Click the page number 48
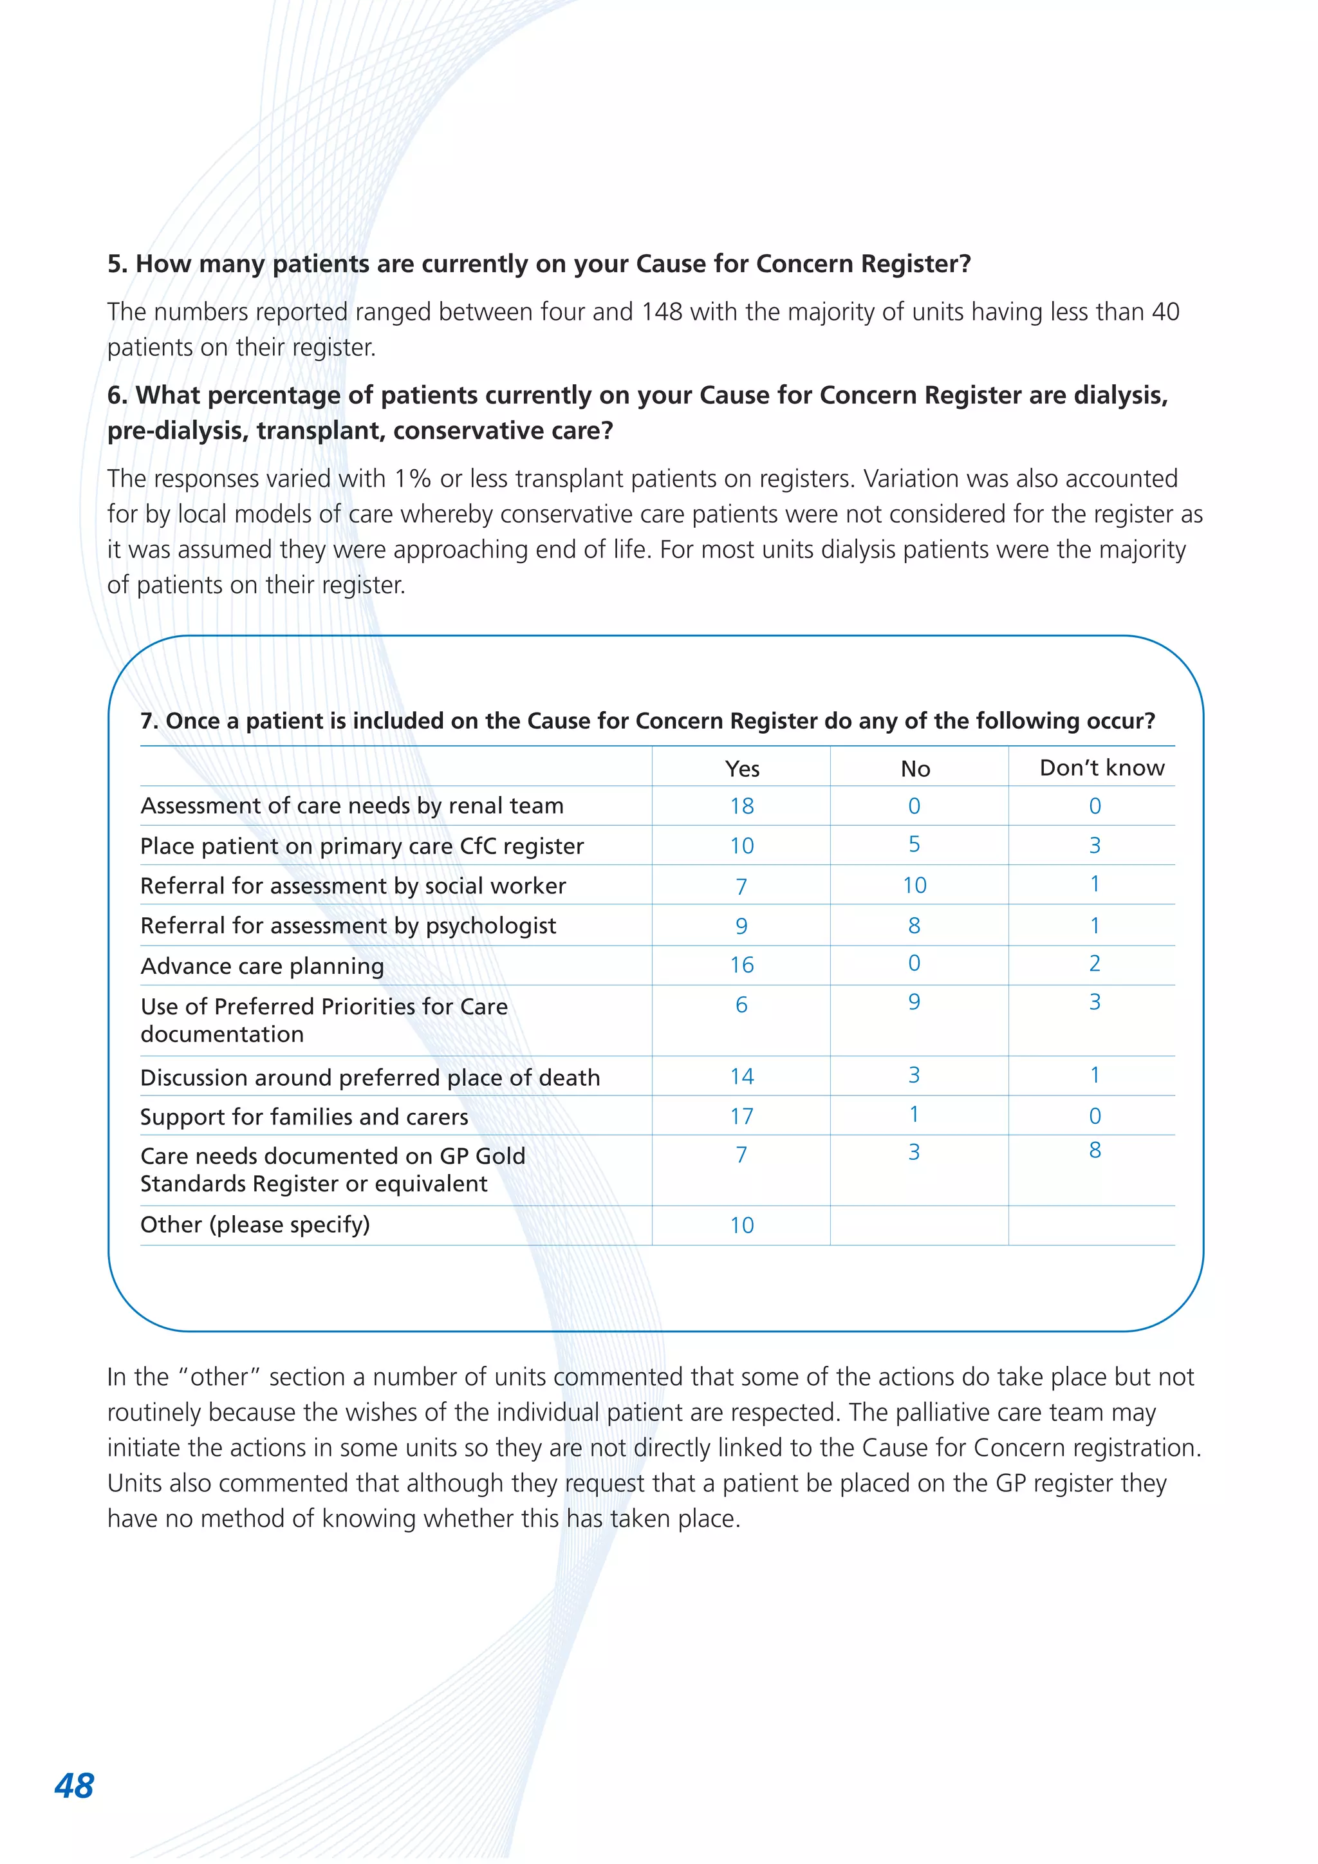(x=74, y=1785)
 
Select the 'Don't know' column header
(x=1101, y=768)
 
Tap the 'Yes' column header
(x=742, y=769)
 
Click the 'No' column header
(x=914, y=769)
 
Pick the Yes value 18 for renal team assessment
(x=742, y=806)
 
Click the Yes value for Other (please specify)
(x=742, y=1225)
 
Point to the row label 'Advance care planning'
(x=262, y=966)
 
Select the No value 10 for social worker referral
(x=914, y=886)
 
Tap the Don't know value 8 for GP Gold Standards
(x=1095, y=1150)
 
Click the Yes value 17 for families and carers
(x=742, y=1116)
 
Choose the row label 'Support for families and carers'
(x=304, y=1117)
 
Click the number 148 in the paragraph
(x=662, y=312)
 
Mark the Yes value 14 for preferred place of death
(x=742, y=1077)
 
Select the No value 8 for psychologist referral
(x=914, y=926)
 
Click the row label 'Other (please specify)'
(x=255, y=1224)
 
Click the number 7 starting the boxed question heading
(x=148, y=721)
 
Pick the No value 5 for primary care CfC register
(x=914, y=844)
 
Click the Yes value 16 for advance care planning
(x=742, y=965)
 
